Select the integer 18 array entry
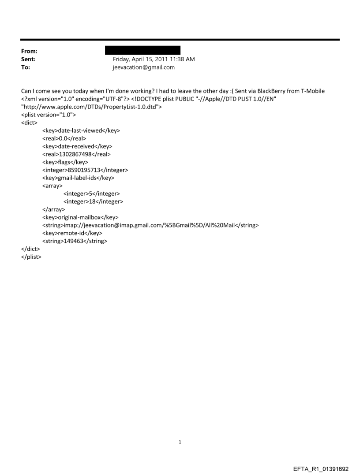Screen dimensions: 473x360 (93, 201)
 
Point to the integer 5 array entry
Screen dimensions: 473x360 (91, 194)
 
